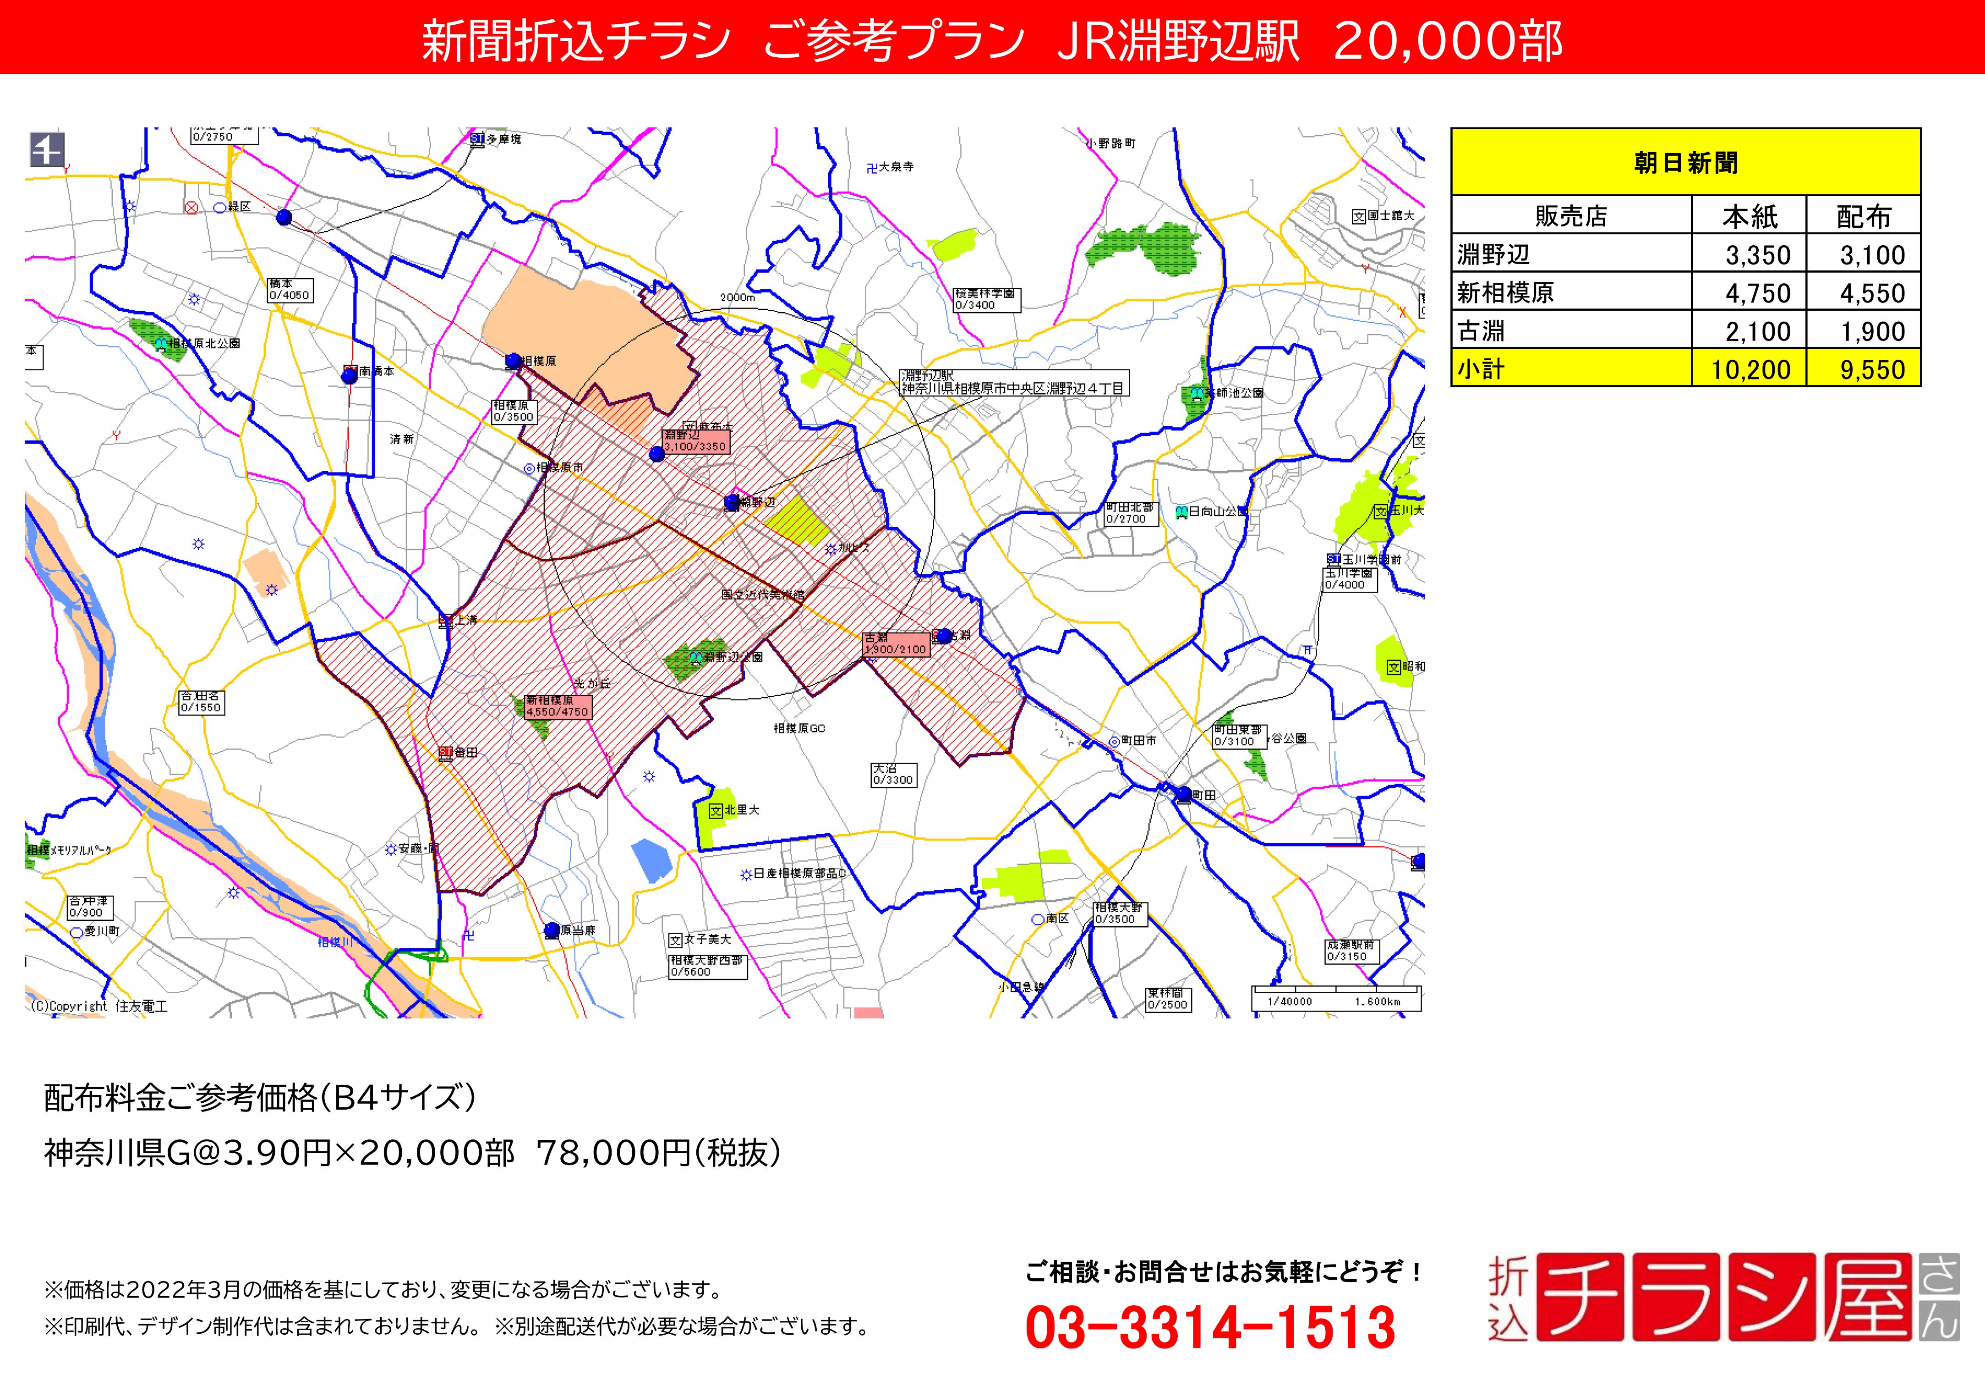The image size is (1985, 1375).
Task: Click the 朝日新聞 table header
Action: click(x=1685, y=162)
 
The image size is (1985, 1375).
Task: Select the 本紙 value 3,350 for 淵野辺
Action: click(x=1757, y=255)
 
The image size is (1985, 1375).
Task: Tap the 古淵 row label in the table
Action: click(x=1481, y=331)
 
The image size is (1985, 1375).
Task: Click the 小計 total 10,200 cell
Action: click(x=1750, y=369)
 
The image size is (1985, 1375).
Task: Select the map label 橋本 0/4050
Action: click(x=289, y=290)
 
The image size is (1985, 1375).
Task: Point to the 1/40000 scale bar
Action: click(x=1335, y=999)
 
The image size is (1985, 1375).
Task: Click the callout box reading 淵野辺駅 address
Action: click(x=1013, y=383)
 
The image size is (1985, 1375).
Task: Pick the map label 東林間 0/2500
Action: click(x=1167, y=999)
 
